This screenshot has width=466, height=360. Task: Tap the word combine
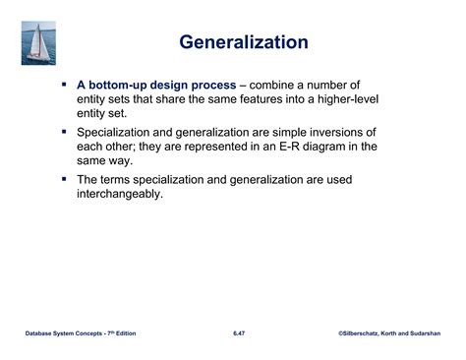tap(300, 86)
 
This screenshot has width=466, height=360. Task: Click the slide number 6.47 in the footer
tap(239, 334)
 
